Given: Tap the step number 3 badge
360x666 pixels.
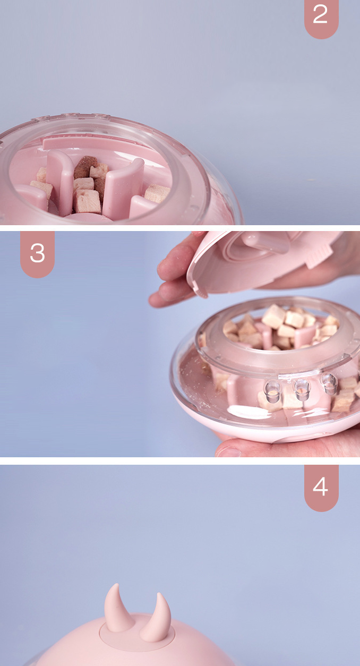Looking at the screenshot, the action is pos(38,254).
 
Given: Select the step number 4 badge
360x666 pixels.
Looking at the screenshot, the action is pos(321,488).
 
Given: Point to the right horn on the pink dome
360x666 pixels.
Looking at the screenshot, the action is pos(156,618).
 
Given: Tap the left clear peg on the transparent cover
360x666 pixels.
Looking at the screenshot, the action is pos(272,391).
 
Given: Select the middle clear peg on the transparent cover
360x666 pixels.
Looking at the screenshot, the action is pos(301,390).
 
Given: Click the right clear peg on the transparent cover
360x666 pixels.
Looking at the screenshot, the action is pos(329,383).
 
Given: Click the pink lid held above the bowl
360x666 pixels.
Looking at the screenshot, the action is pos(262,262).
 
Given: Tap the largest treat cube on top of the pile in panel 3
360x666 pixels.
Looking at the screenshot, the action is pos(273,316).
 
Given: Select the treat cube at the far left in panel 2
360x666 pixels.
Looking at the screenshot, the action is pos(41,174).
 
